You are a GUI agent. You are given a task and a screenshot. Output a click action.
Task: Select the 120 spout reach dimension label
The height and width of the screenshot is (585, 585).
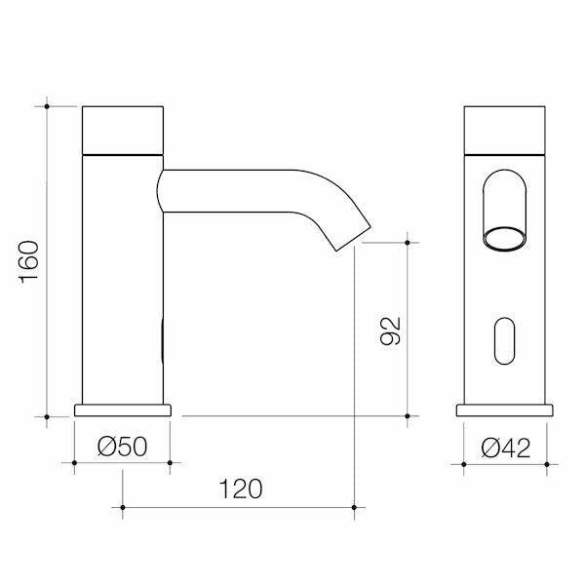click(x=240, y=488)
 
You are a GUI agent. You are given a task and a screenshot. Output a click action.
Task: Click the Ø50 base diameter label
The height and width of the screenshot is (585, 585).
click(x=122, y=447)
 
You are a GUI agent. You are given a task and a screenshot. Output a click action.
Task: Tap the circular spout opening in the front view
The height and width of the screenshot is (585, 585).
click(x=504, y=237)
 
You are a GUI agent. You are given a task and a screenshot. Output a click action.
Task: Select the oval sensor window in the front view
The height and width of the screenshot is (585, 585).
click(x=504, y=341)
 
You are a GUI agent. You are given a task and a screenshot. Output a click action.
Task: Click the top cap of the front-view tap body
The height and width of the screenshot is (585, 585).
click(x=504, y=129)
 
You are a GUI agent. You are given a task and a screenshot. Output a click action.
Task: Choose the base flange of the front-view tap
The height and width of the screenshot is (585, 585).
click(x=504, y=409)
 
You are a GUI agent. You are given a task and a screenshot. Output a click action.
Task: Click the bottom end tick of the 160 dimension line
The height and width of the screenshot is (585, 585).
click(x=47, y=416)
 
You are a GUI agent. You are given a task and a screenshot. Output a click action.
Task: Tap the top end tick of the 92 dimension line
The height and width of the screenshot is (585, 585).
click(x=407, y=242)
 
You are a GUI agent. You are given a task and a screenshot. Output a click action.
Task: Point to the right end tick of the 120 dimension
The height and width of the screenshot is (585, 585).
click(x=355, y=507)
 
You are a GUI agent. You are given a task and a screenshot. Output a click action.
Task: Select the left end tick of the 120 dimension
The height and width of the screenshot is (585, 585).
click(x=123, y=507)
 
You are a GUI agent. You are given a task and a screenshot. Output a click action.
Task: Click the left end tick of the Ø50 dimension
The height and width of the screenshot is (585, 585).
click(x=74, y=462)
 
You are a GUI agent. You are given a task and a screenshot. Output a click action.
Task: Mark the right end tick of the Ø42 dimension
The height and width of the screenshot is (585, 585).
click(x=547, y=463)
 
